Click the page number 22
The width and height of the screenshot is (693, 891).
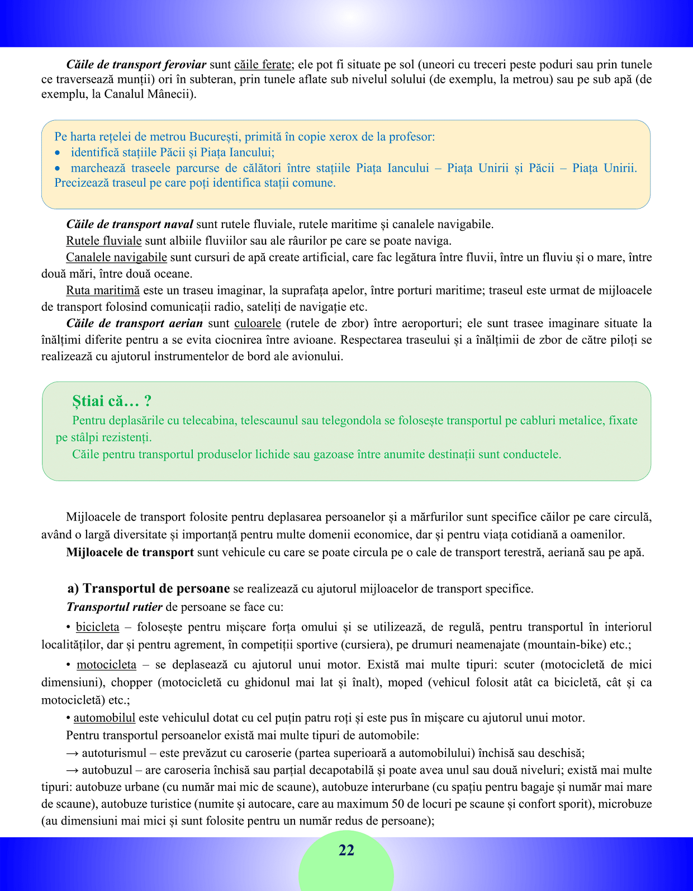346,850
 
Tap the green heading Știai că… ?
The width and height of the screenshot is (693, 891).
112,401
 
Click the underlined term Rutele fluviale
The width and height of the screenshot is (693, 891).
104,241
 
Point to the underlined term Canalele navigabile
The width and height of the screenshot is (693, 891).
116,257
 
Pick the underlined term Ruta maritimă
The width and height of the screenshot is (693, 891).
103,290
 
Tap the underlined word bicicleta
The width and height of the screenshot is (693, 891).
98,627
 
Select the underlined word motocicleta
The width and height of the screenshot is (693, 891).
106,665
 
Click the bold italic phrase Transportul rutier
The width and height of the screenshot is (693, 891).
115,607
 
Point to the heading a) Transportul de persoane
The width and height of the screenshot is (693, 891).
149,589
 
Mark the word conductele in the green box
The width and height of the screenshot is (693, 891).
531,454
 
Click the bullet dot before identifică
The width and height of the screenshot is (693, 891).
58,153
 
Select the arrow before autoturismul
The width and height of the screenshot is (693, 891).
73,753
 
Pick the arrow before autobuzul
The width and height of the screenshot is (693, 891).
73,770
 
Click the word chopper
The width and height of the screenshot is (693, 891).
132,683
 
